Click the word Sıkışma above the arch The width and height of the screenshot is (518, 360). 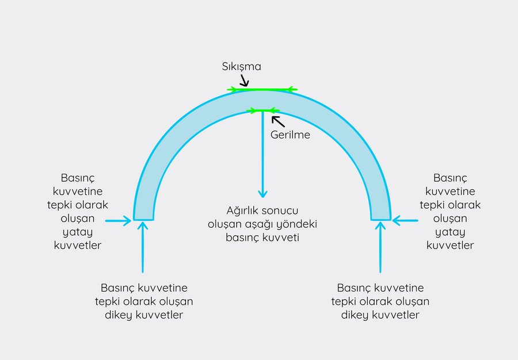click(242, 67)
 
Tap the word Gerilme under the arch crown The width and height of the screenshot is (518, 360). click(291, 135)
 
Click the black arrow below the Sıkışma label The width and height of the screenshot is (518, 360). click(245, 80)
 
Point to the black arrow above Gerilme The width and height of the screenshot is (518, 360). click(278, 121)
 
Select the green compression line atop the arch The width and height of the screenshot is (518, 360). click(262, 89)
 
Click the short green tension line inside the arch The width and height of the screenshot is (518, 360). click(263, 110)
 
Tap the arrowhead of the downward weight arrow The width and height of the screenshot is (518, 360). click(262, 193)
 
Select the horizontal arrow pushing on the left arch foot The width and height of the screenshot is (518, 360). click(118, 221)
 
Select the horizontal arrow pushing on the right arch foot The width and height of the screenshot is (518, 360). click(405, 220)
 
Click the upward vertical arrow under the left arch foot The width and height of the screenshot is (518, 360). click(143, 247)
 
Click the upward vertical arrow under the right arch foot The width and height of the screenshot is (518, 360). click(380, 247)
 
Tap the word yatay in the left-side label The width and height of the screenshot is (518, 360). click(78, 232)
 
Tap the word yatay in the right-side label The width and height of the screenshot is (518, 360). click(450, 232)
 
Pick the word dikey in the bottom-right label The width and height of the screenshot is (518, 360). click(355, 315)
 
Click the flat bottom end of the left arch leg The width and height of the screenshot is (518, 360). click(143, 220)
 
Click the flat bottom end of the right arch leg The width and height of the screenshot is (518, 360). click(381, 220)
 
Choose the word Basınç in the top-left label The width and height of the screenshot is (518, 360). click(78, 178)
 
